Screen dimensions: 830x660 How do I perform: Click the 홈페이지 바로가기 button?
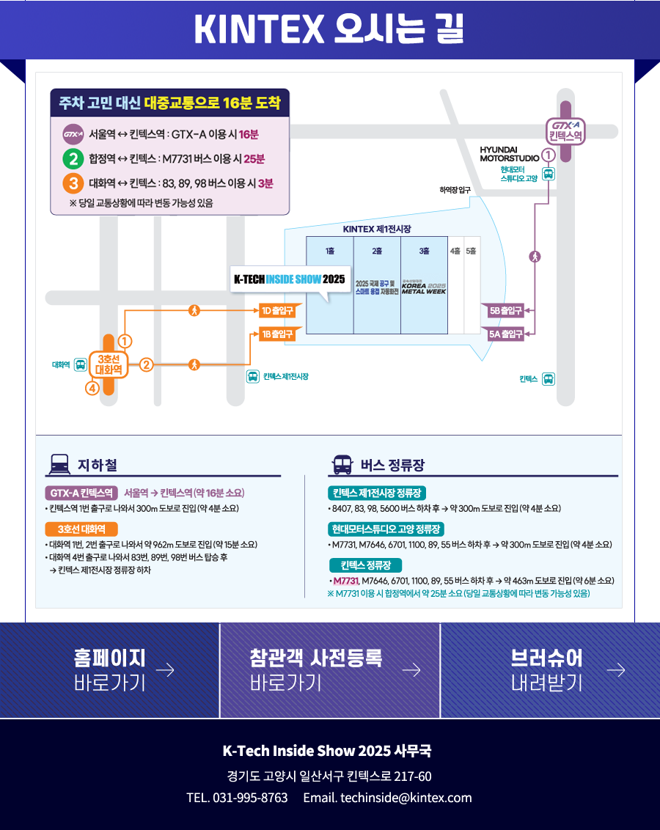click(x=110, y=670)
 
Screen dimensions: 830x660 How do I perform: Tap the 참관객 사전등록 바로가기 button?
click(x=330, y=670)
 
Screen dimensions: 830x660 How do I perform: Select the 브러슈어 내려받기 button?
click(x=550, y=670)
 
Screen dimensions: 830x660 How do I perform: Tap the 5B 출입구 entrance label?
click(x=505, y=311)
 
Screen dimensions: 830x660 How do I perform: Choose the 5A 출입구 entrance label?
click(x=505, y=334)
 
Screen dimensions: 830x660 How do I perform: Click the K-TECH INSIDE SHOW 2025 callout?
click(x=289, y=279)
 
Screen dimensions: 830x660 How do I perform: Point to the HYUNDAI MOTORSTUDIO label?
click(x=509, y=153)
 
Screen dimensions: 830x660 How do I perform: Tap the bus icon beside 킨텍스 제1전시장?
click(x=252, y=377)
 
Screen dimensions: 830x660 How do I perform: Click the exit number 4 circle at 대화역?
click(x=92, y=389)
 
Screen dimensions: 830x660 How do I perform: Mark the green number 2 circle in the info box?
click(x=73, y=158)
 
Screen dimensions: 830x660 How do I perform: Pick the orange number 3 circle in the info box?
click(x=73, y=183)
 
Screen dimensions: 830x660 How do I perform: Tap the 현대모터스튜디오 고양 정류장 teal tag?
click(x=386, y=529)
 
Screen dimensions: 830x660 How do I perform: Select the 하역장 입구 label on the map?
click(x=455, y=191)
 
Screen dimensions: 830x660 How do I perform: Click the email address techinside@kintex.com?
click(x=387, y=798)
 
